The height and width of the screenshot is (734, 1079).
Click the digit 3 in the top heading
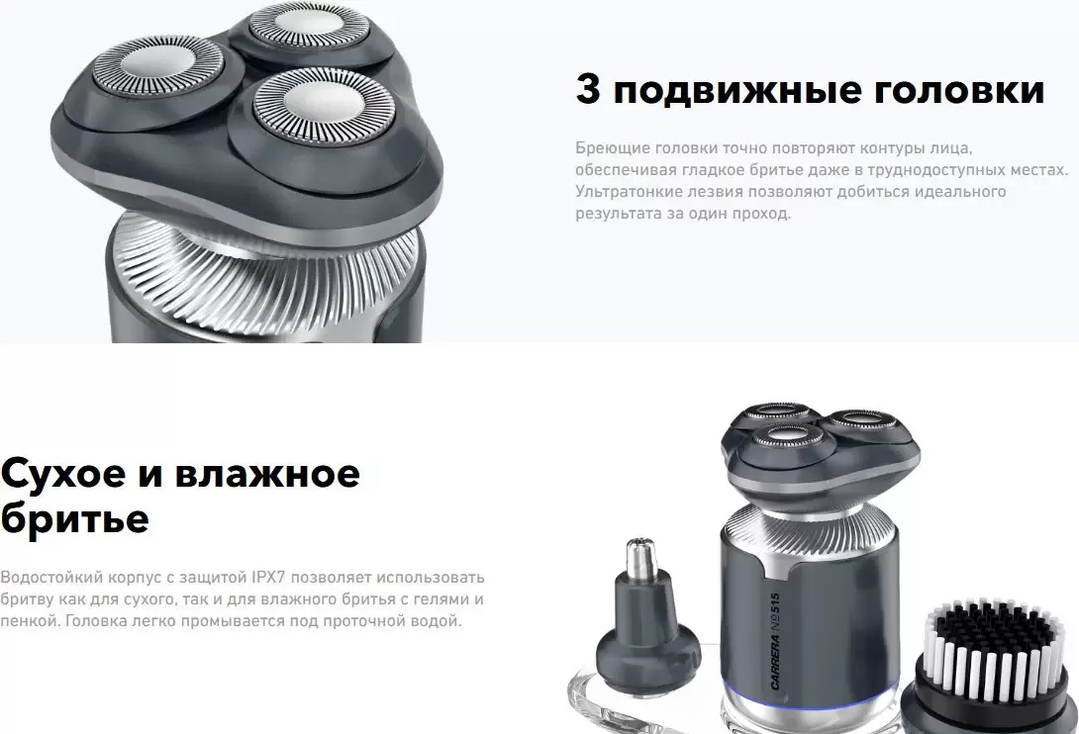click(x=588, y=90)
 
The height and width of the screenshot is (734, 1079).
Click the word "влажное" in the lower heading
click(x=267, y=473)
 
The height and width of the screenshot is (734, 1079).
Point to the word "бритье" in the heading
click(x=74, y=518)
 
